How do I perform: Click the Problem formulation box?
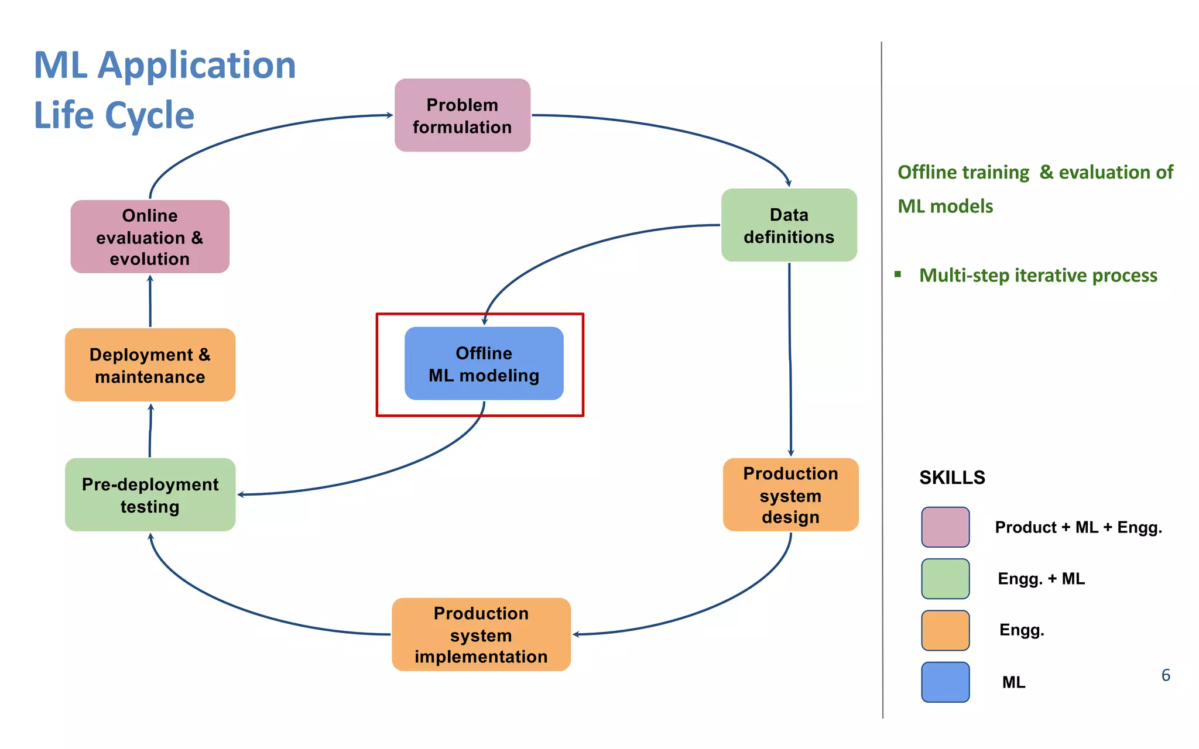coord(462,115)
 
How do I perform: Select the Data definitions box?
coord(789,225)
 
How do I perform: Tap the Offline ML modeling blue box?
coord(484,364)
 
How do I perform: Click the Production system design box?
coord(790,495)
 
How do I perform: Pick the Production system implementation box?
coord(481,635)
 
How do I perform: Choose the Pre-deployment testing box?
coord(150,495)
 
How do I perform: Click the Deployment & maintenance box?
coord(150,365)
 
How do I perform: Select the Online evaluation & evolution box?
coord(150,237)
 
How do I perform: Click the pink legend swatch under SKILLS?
coord(945,527)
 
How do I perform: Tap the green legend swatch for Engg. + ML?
coord(945,579)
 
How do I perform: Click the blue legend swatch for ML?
coord(945,682)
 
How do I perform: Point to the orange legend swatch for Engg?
coord(945,630)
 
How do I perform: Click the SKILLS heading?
coord(952,477)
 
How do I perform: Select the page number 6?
coord(1165,675)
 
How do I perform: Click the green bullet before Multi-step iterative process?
coord(897,274)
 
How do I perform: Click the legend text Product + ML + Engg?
coord(1078,527)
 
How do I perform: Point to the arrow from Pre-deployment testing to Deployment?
coord(150,430)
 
